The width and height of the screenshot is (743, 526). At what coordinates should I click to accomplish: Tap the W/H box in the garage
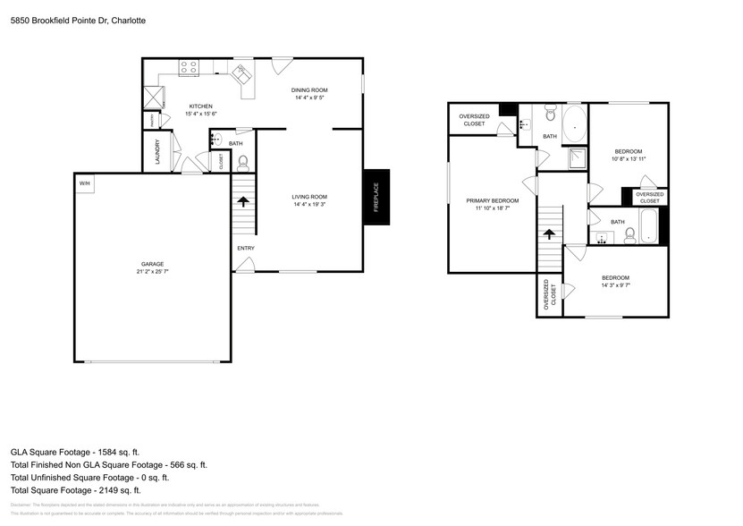[x=85, y=183]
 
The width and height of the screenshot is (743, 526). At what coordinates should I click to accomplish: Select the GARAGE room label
[x=152, y=264]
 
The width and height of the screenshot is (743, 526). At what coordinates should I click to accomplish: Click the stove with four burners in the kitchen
[x=189, y=66]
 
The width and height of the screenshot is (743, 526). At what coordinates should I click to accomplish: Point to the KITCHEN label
[x=200, y=106]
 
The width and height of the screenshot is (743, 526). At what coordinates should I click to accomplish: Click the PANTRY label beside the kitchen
[x=153, y=120]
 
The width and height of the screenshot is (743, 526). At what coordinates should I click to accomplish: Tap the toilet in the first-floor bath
[x=242, y=162]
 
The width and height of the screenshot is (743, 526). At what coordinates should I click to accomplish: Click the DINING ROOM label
[x=310, y=90]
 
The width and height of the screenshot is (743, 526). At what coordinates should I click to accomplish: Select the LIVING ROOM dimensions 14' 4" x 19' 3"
[x=310, y=205]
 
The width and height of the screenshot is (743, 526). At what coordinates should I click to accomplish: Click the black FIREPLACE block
[x=376, y=197]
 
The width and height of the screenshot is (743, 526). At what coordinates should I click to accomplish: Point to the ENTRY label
[x=245, y=248]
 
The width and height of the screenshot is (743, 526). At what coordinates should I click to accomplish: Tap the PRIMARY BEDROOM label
[x=492, y=200]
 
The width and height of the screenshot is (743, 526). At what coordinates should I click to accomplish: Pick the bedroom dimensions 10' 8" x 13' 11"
[x=628, y=158]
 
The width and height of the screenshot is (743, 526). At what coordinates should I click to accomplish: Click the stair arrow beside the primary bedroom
[x=549, y=234]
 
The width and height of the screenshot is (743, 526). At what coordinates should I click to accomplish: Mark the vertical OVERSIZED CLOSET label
[x=546, y=297]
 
